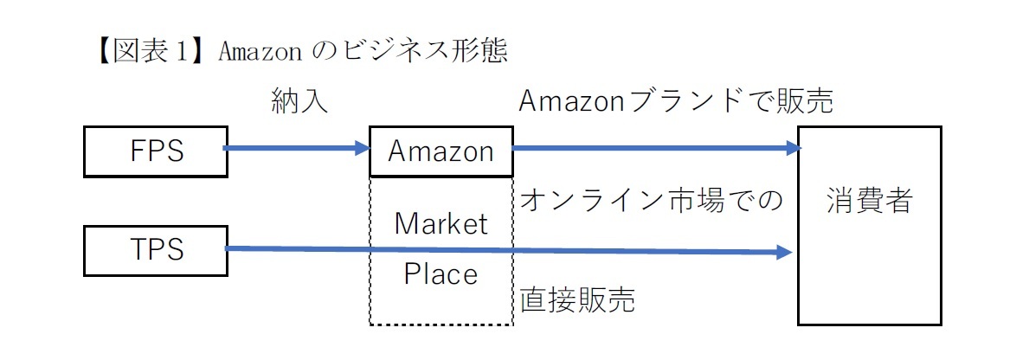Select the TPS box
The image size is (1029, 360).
point(156,250)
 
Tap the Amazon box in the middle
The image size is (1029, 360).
point(441,151)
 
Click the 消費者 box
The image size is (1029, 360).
point(869,226)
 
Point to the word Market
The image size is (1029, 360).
point(441,224)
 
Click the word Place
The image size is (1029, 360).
point(441,274)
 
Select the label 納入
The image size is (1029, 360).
point(299,102)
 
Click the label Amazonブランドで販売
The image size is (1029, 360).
point(675,102)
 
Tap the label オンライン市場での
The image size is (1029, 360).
point(651,201)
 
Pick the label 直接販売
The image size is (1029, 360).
point(577,300)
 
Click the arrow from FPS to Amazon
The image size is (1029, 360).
point(294,149)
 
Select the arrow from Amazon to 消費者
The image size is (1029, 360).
point(649,149)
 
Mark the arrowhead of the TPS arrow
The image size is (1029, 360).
point(785,252)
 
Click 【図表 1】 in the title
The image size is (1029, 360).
point(144,51)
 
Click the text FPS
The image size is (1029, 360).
point(156,151)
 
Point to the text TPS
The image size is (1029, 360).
point(156,250)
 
